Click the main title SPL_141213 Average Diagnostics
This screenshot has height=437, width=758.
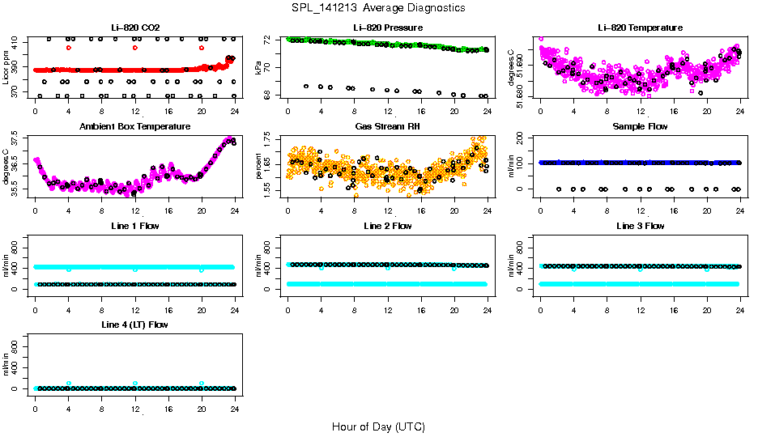click(379, 7)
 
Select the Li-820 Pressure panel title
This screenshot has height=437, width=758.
click(387, 28)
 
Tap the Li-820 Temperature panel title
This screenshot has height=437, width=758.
click(640, 28)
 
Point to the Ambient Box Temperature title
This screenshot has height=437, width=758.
click(134, 126)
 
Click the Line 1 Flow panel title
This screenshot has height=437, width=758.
click(134, 226)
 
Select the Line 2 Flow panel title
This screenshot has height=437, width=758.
click(387, 226)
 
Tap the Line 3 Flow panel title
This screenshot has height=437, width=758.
click(640, 226)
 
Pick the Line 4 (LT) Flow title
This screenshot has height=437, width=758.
click(134, 325)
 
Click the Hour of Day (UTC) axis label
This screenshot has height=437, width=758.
click(378, 426)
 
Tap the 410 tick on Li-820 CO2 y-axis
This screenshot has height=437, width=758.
click(19, 39)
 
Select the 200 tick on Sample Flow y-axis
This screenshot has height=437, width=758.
click(526, 138)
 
